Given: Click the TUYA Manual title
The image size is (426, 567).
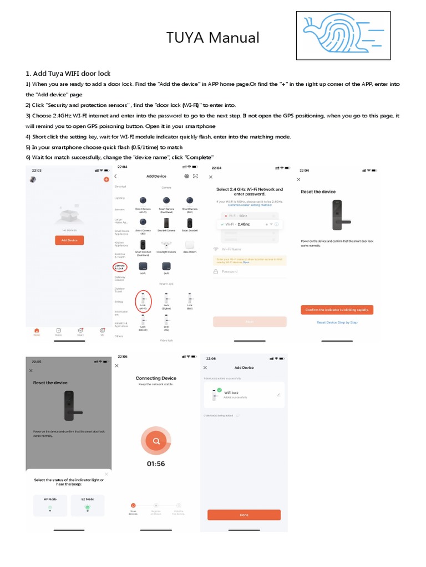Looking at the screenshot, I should pos(213,38).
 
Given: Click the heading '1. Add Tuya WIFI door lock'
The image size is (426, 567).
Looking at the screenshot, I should pos(68,73).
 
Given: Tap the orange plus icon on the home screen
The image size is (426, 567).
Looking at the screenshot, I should pos(106,180).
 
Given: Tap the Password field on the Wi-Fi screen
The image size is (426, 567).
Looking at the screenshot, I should pos(250,271).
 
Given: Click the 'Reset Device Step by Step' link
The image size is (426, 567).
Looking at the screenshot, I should pos(337,322).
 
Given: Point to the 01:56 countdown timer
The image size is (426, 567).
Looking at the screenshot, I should pos(156,463).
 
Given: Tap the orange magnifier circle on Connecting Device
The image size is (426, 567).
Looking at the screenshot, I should pos(156,441).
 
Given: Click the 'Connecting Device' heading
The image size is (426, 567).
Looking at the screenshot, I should pos(156,378).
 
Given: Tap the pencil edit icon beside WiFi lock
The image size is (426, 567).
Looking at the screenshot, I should pos(278,395).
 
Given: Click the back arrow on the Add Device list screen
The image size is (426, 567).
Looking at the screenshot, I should pos(116,176).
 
